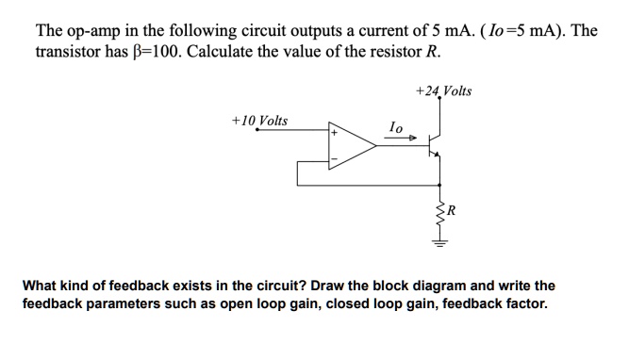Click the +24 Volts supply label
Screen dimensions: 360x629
point(443,91)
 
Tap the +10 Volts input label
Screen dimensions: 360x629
point(259,121)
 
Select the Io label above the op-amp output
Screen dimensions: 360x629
point(396,126)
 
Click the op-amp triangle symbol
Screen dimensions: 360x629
point(350,146)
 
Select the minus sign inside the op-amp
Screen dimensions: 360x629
point(333,158)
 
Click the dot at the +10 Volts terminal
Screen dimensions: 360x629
point(257,131)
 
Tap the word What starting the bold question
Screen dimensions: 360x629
point(41,286)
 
